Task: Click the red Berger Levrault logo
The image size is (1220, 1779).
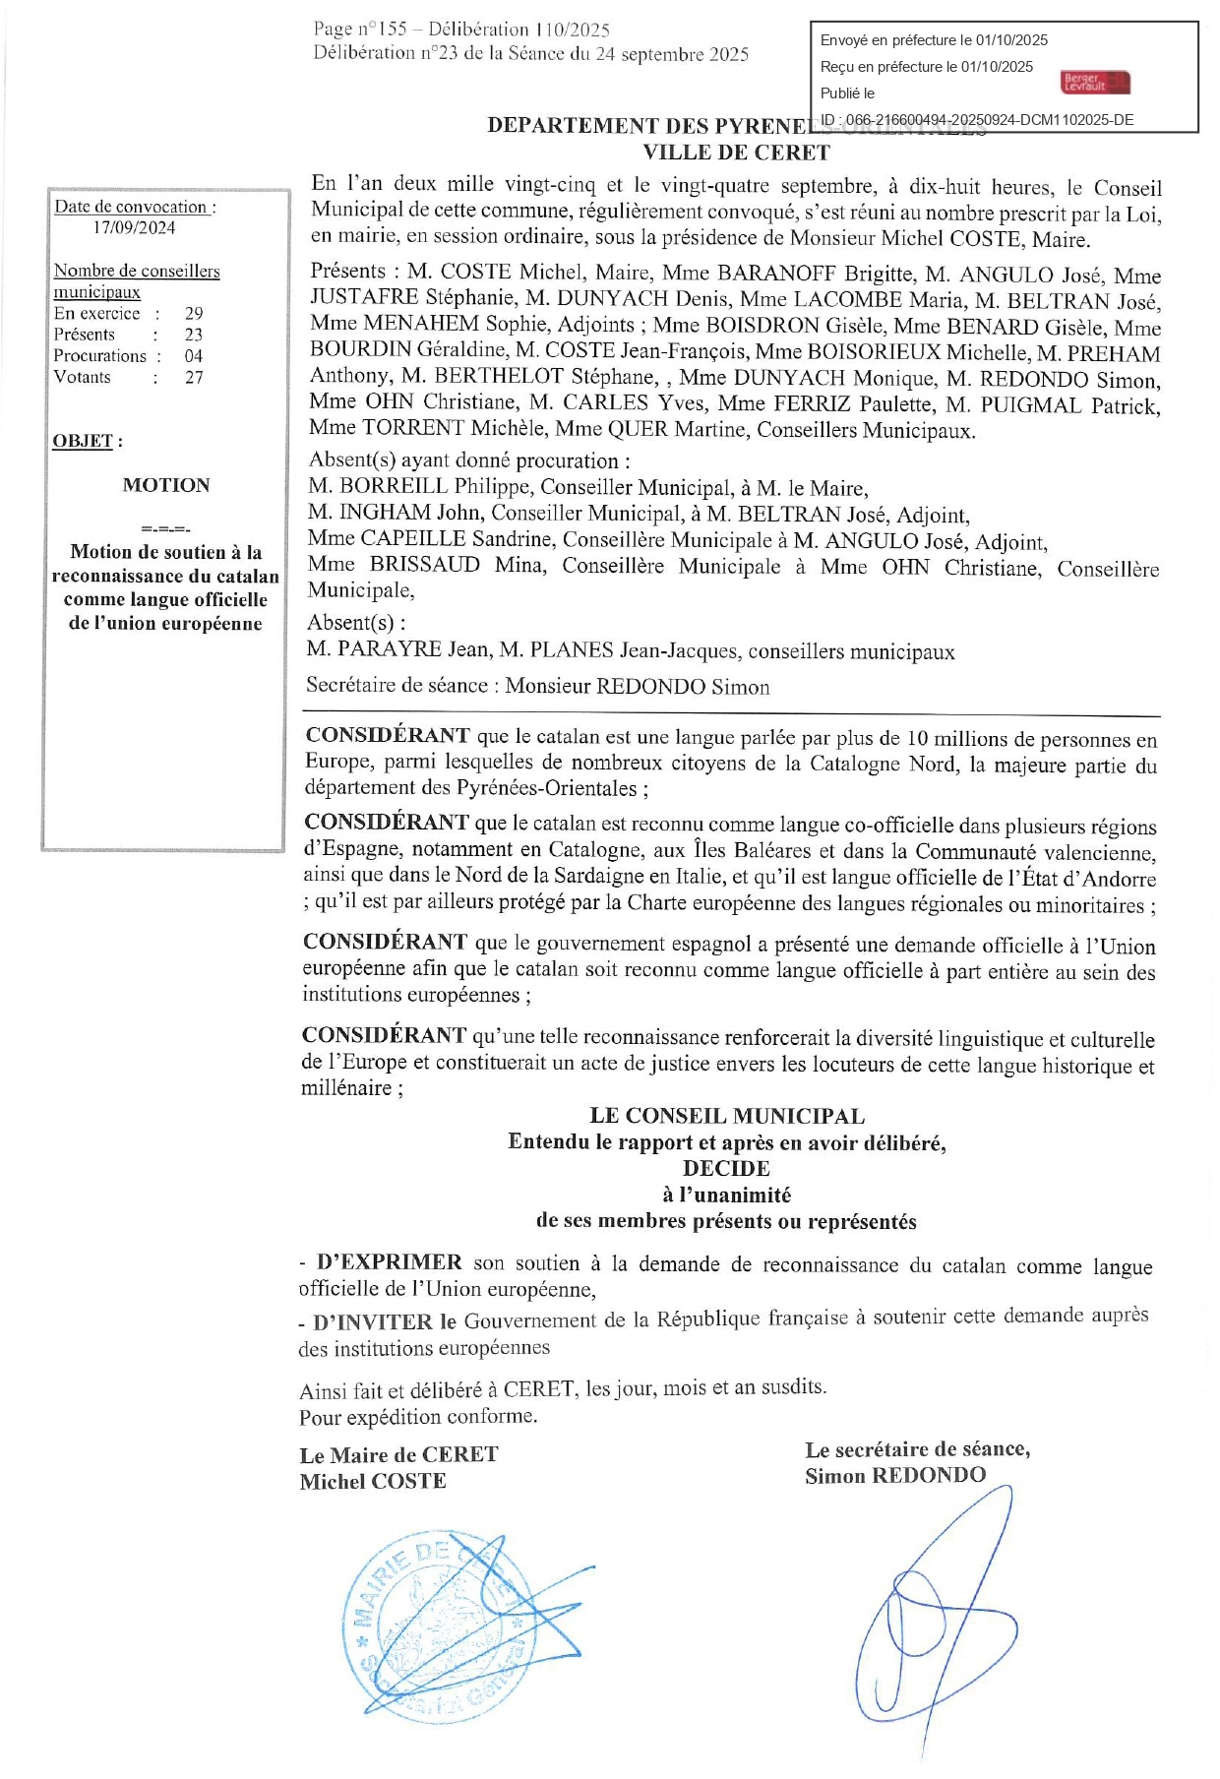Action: pyautogui.click(x=1095, y=83)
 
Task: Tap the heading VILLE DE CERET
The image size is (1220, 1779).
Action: pyautogui.click(x=736, y=153)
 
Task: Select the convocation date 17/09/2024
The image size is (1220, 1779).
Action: pyautogui.click(x=134, y=227)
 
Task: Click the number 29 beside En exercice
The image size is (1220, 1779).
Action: pyautogui.click(x=194, y=313)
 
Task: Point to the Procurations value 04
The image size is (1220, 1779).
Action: pyautogui.click(x=194, y=355)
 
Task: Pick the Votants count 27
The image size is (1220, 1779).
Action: pyautogui.click(x=194, y=377)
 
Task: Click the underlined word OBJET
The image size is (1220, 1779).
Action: pyautogui.click(x=83, y=441)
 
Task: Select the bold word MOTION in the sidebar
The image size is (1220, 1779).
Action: pyautogui.click(x=166, y=485)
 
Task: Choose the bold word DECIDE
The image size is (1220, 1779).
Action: pyautogui.click(x=726, y=1168)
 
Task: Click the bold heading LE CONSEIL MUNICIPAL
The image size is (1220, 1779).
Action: pyautogui.click(x=727, y=1116)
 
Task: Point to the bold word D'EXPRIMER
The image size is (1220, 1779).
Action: pyautogui.click(x=389, y=1262)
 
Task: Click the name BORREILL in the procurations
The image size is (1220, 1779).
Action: pyautogui.click(x=393, y=486)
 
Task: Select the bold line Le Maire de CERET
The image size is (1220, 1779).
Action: pyautogui.click(x=398, y=1454)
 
